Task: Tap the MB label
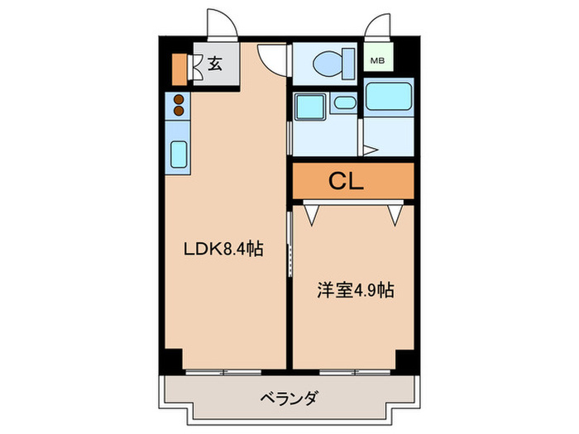377,60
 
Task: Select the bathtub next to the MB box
388,99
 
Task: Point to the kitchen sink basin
178,155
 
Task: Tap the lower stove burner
177,111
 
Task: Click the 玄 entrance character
214,64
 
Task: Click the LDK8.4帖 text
223,248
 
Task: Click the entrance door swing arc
219,23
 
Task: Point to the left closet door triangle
313,214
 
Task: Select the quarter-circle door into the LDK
271,56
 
